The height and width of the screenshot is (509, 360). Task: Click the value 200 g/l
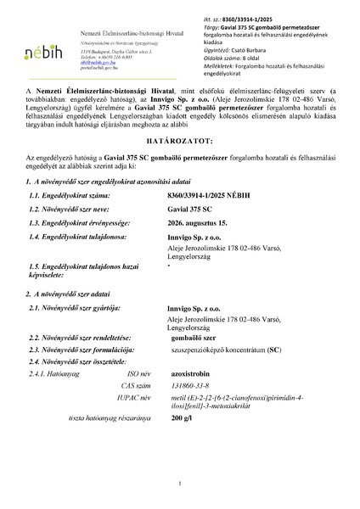click(194, 478)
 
